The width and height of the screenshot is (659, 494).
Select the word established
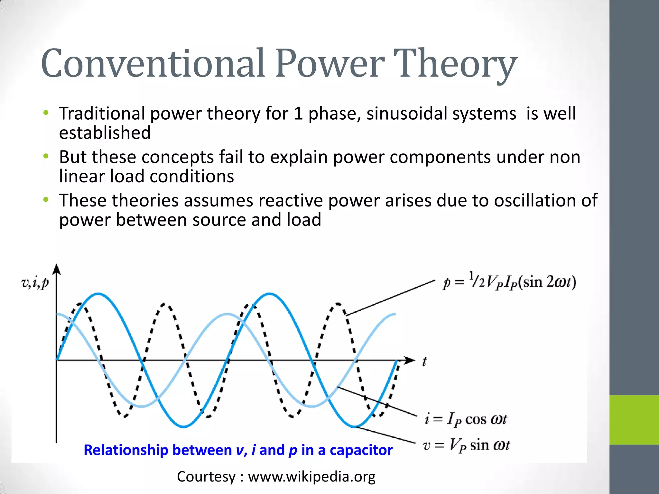point(105,133)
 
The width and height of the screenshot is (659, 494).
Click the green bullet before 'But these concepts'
point(46,157)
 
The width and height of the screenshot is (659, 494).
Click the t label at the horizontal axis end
point(424,361)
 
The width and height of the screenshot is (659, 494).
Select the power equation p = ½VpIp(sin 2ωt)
point(509,282)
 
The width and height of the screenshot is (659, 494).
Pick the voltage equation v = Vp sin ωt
point(466,445)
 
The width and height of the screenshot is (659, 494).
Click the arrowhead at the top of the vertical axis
point(57,269)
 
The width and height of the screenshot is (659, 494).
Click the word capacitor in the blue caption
point(361,450)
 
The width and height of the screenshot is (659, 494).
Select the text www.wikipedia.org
point(311,477)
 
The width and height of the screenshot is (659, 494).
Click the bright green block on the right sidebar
point(634,420)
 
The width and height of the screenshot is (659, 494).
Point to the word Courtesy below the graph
point(206,477)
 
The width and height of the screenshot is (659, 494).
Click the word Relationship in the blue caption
point(125,450)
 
